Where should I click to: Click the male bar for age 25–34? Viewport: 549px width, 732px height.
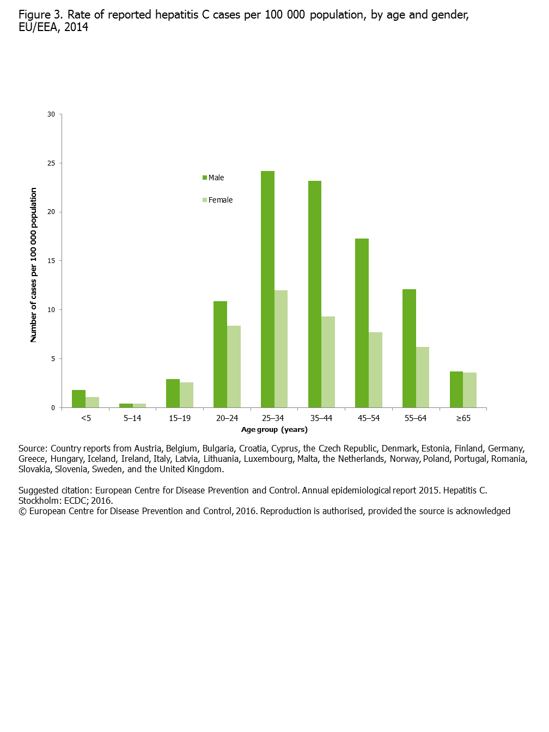(267, 289)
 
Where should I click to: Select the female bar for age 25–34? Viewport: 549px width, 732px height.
(281, 349)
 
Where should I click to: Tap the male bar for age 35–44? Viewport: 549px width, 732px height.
(315, 294)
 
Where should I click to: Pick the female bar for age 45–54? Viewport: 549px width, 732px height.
(375, 370)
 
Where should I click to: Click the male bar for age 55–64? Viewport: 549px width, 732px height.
(409, 348)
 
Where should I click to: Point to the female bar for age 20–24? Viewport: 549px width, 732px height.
(234, 367)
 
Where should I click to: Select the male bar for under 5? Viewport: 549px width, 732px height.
(78, 399)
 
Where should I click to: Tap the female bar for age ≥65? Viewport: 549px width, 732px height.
(469, 390)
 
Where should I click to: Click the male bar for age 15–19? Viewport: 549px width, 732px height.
(173, 393)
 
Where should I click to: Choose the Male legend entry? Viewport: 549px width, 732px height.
(213, 178)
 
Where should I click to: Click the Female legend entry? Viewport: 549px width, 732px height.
(218, 200)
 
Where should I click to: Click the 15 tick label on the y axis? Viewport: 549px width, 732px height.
(51, 261)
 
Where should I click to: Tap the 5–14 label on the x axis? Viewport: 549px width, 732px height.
(132, 418)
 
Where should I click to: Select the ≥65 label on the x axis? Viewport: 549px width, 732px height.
(463, 418)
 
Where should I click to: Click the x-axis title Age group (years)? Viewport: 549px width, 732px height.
(274, 429)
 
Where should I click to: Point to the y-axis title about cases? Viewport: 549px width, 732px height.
(33, 265)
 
